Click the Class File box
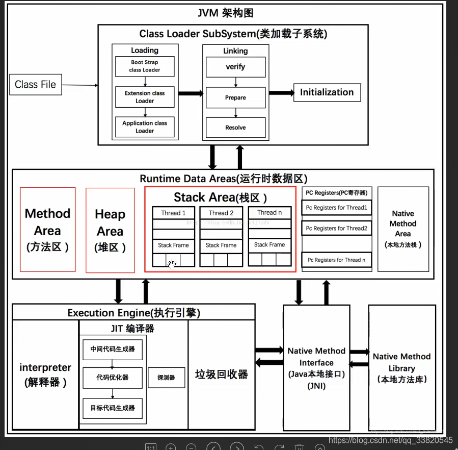tap(36, 85)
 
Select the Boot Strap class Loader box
tap(145, 66)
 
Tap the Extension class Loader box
tap(145, 97)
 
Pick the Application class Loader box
tap(145, 127)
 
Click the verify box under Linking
tap(235, 67)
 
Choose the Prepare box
tap(235, 97)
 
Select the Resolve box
tap(235, 128)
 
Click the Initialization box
tap(327, 92)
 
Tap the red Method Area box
tap(47, 230)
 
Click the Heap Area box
tap(110, 230)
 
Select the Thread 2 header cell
tap(221, 213)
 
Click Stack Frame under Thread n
tap(270, 245)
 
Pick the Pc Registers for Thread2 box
tap(336, 229)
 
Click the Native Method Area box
tap(403, 229)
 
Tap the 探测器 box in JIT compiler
tap(166, 378)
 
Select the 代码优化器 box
tap(113, 378)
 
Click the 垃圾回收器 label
tap(221, 374)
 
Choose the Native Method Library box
tap(401, 367)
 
